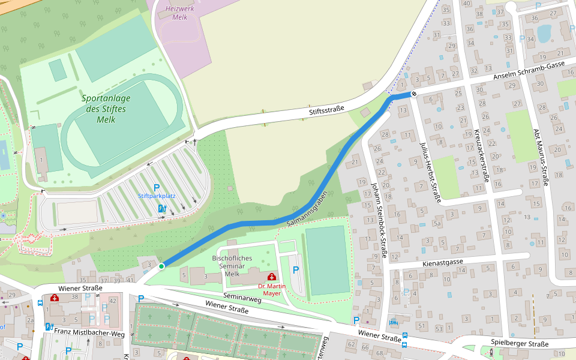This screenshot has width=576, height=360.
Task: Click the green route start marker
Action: click(x=161, y=266)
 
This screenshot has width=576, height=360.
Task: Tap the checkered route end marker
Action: click(x=413, y=94)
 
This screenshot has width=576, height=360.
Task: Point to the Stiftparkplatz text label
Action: click(x=157, y=196)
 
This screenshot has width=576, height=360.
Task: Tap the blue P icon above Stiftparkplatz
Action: click(x=157, y=187)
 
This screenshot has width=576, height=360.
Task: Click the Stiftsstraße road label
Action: click(x=326, y=110)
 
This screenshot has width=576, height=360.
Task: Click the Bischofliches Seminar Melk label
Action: click(x=232, y=265)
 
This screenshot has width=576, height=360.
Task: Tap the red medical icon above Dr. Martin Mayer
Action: click(x=272, y=277)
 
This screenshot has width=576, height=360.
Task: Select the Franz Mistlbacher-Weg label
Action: click(x=89, y=331)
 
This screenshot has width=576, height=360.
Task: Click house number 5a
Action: click(x=437, y=223)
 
